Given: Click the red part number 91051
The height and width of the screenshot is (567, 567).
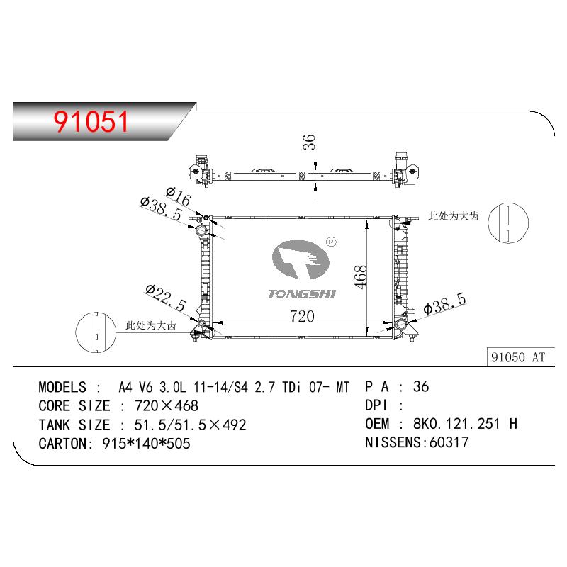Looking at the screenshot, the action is pyautogui.click(x=91, y=121).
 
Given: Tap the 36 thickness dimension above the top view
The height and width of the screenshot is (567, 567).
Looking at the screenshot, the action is pyautogui.click(x=309, y=142).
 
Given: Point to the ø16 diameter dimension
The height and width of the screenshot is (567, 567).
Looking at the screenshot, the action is pyautogui.click(x=179, y=197).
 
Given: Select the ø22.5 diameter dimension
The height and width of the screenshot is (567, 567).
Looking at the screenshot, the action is pyautogui.click(x=166, y=298).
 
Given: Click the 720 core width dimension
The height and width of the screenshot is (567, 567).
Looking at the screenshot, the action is pyautogui.click(x=302, y=316).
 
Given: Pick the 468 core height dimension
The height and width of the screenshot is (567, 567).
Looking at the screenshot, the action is pyautogui.click(x=361, y=277).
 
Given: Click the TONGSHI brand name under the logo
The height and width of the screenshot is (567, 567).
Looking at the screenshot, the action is pyautogui.click(x=302, y=294).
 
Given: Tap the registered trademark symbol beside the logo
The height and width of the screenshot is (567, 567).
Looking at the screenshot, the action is pyautogui.click(x=331, y=242).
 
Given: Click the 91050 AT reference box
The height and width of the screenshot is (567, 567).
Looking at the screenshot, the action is pyautogui.click(x=518, y=357).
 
